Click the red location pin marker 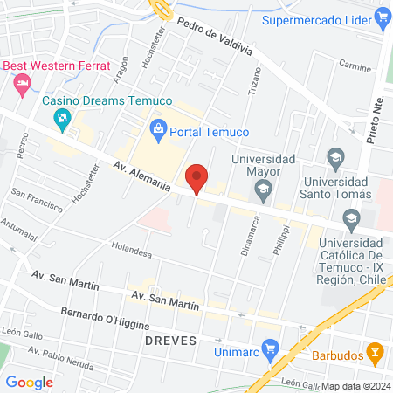tap(197, 178)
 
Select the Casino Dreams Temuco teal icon tap(62, 117)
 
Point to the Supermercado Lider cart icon tap(381, 16)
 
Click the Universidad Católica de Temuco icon tap(351, 217)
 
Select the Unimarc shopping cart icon tap(270, 352)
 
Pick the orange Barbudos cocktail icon tap(374, 354)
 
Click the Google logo tap(30, 382)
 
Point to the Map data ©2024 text tap(355, 385)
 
